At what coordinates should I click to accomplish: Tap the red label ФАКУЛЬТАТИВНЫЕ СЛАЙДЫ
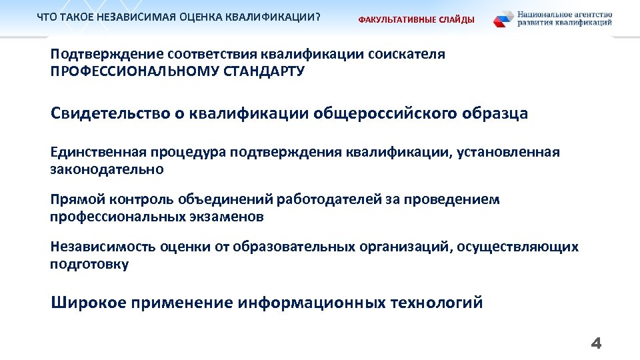coord(417,20)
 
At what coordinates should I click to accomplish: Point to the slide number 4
coord(596,344)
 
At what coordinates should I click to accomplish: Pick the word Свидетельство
coord(111,113)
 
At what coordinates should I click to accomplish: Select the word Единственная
coord(97,153)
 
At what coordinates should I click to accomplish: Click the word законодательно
coord(107,170)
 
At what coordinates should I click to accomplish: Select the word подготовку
coord(90,265)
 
